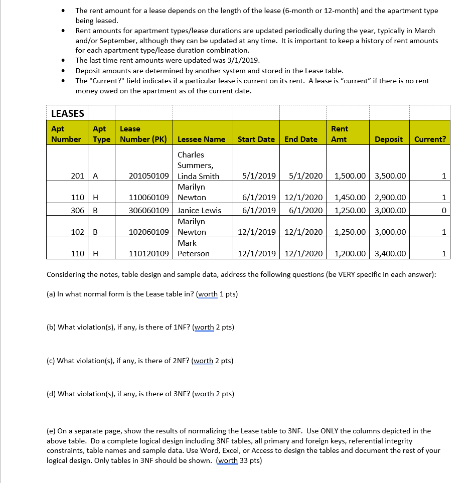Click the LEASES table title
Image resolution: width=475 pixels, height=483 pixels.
pyautogui.click(x=68, y=113)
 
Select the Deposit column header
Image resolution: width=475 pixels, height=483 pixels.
pyautogui.click(x=388, y=139)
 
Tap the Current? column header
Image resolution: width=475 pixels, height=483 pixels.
pyautogui.click(x=430, y=139)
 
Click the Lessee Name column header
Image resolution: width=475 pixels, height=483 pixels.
pyautogui.click(x=201, y=139)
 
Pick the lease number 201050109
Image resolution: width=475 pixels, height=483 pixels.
pyautogui.click(x=149, y=176)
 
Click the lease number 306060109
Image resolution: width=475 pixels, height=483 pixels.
pyautogui.click(x=149, y=210)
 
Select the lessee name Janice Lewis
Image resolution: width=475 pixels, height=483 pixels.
pyautogui.click(x=199, y=210)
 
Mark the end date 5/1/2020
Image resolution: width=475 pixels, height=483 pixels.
pyautogui.click(x=306, y=176)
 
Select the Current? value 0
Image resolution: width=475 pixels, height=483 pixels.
pyautogui.click(x=443, y=210)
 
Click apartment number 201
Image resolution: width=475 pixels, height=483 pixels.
pyautogui.click(x=77, y=176)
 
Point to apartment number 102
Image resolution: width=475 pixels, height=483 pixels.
pyautogui.click(x=77, y=232)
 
